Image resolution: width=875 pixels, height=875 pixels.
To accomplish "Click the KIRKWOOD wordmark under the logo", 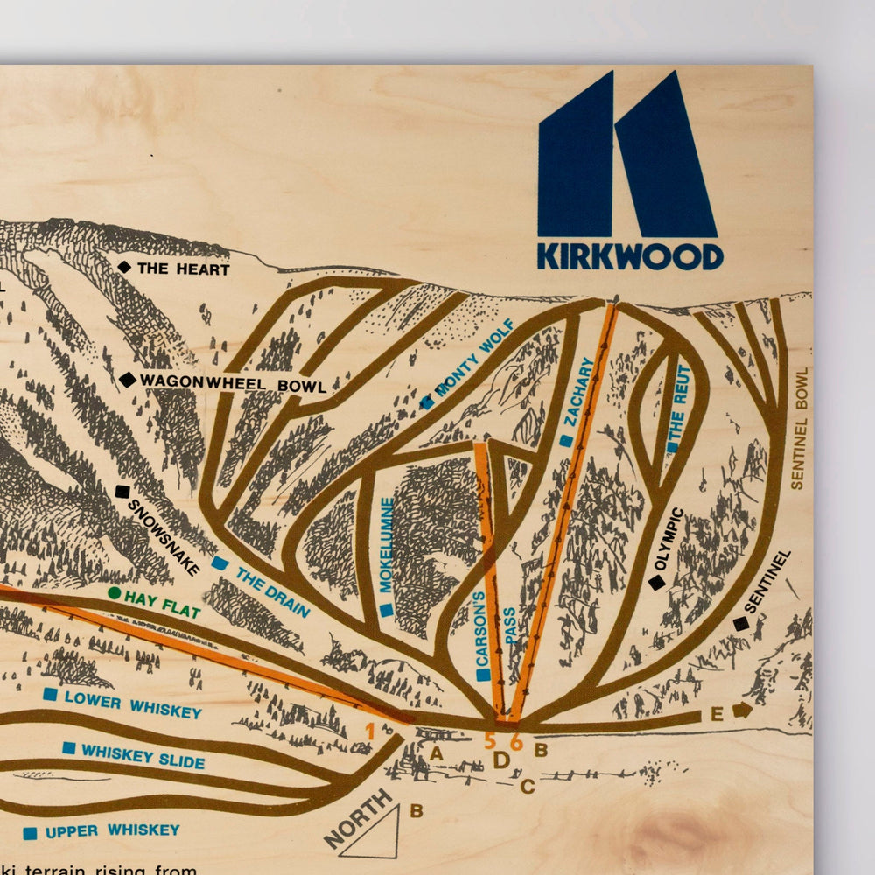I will click(630, 256).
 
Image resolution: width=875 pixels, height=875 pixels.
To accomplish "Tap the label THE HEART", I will click(183, 269).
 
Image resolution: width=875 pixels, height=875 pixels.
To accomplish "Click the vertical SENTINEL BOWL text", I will click(798, 428).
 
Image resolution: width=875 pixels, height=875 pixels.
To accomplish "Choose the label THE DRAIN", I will click(272, 591).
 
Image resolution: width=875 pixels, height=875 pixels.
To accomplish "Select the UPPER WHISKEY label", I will click(112, 830).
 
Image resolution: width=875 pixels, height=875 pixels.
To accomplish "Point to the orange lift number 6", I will click(516, 742).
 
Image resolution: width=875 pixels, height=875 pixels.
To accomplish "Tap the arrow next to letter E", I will click(743, 710).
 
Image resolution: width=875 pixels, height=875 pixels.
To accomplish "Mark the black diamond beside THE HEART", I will click(124, 267).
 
